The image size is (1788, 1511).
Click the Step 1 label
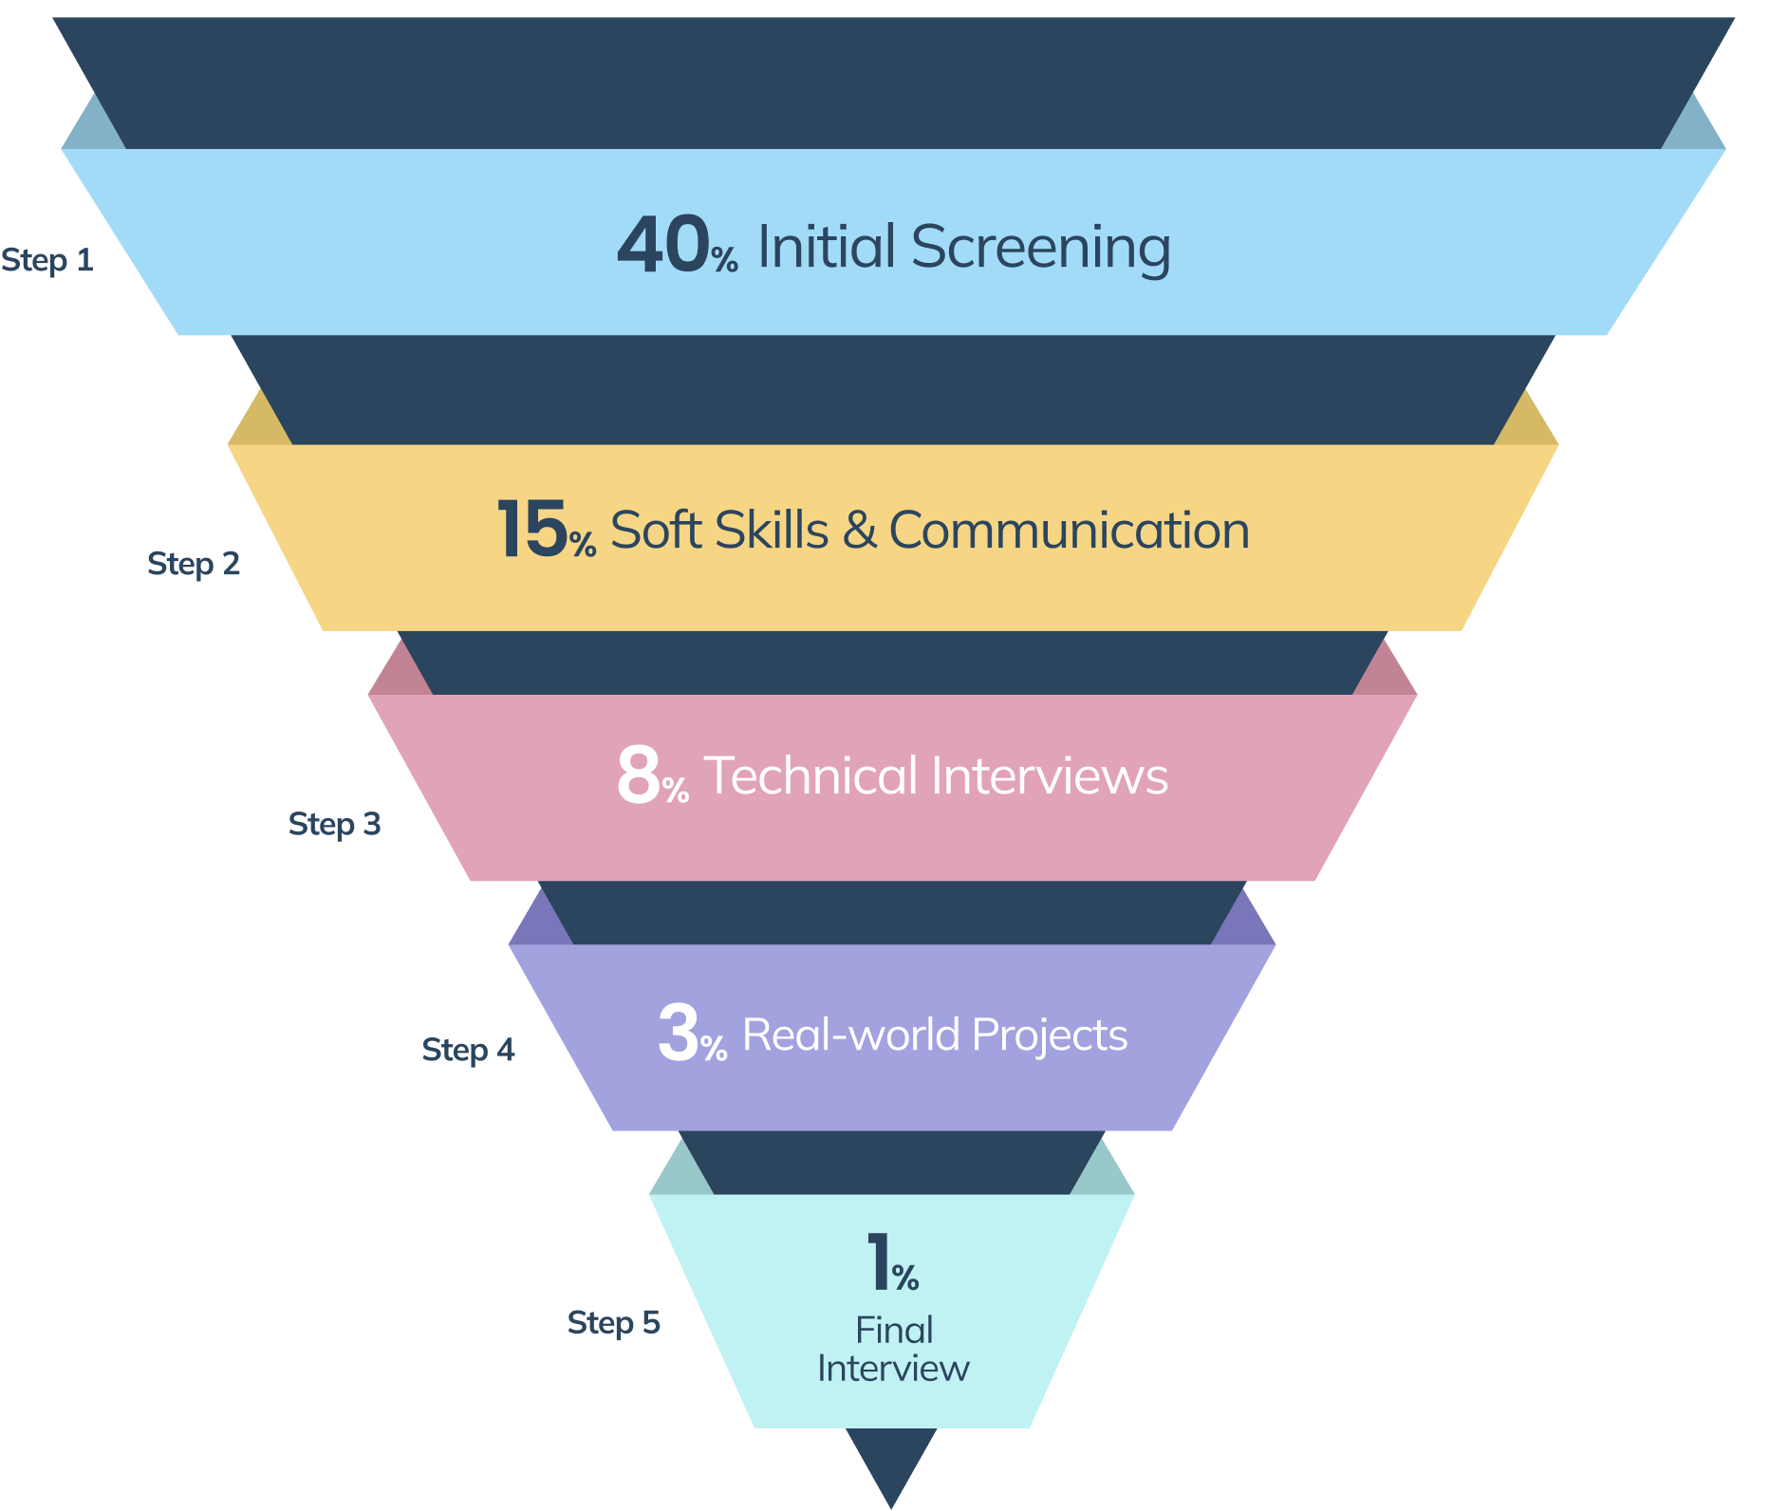pyautogui.click(x=47, y=259)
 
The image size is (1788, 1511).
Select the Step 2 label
pyautogui.click(x=194, y=563)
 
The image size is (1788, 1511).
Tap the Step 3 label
pyautogui.click(x=334, y=823)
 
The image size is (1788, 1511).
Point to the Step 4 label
pyautogui.click(x=468, y=1049)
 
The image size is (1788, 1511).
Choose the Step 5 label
pyautogui.click(x=613, y=1321)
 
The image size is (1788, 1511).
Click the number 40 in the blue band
pyautogui.click(x=662, y=245)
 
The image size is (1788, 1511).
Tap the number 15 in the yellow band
pyautogui.click(x=531, y=529)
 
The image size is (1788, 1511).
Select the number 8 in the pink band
pyautogui.click(x=638, y=774)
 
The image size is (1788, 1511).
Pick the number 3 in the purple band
pyautogui.click(x=679, y=1033)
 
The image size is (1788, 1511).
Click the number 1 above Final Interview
pyautogui.click(x=879, y=1261)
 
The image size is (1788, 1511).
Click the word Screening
pyautogui.click(x=1040, y=248)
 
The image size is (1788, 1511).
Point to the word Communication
pyautogui.click(x=1069, y=530)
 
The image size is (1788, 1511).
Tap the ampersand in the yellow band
pyautogui.click(x=859, y=530)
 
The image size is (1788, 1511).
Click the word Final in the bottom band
pyautogui.click(x=894, y=1330)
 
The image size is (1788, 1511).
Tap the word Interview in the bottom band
pyautogui.click(x=893, y=1369)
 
